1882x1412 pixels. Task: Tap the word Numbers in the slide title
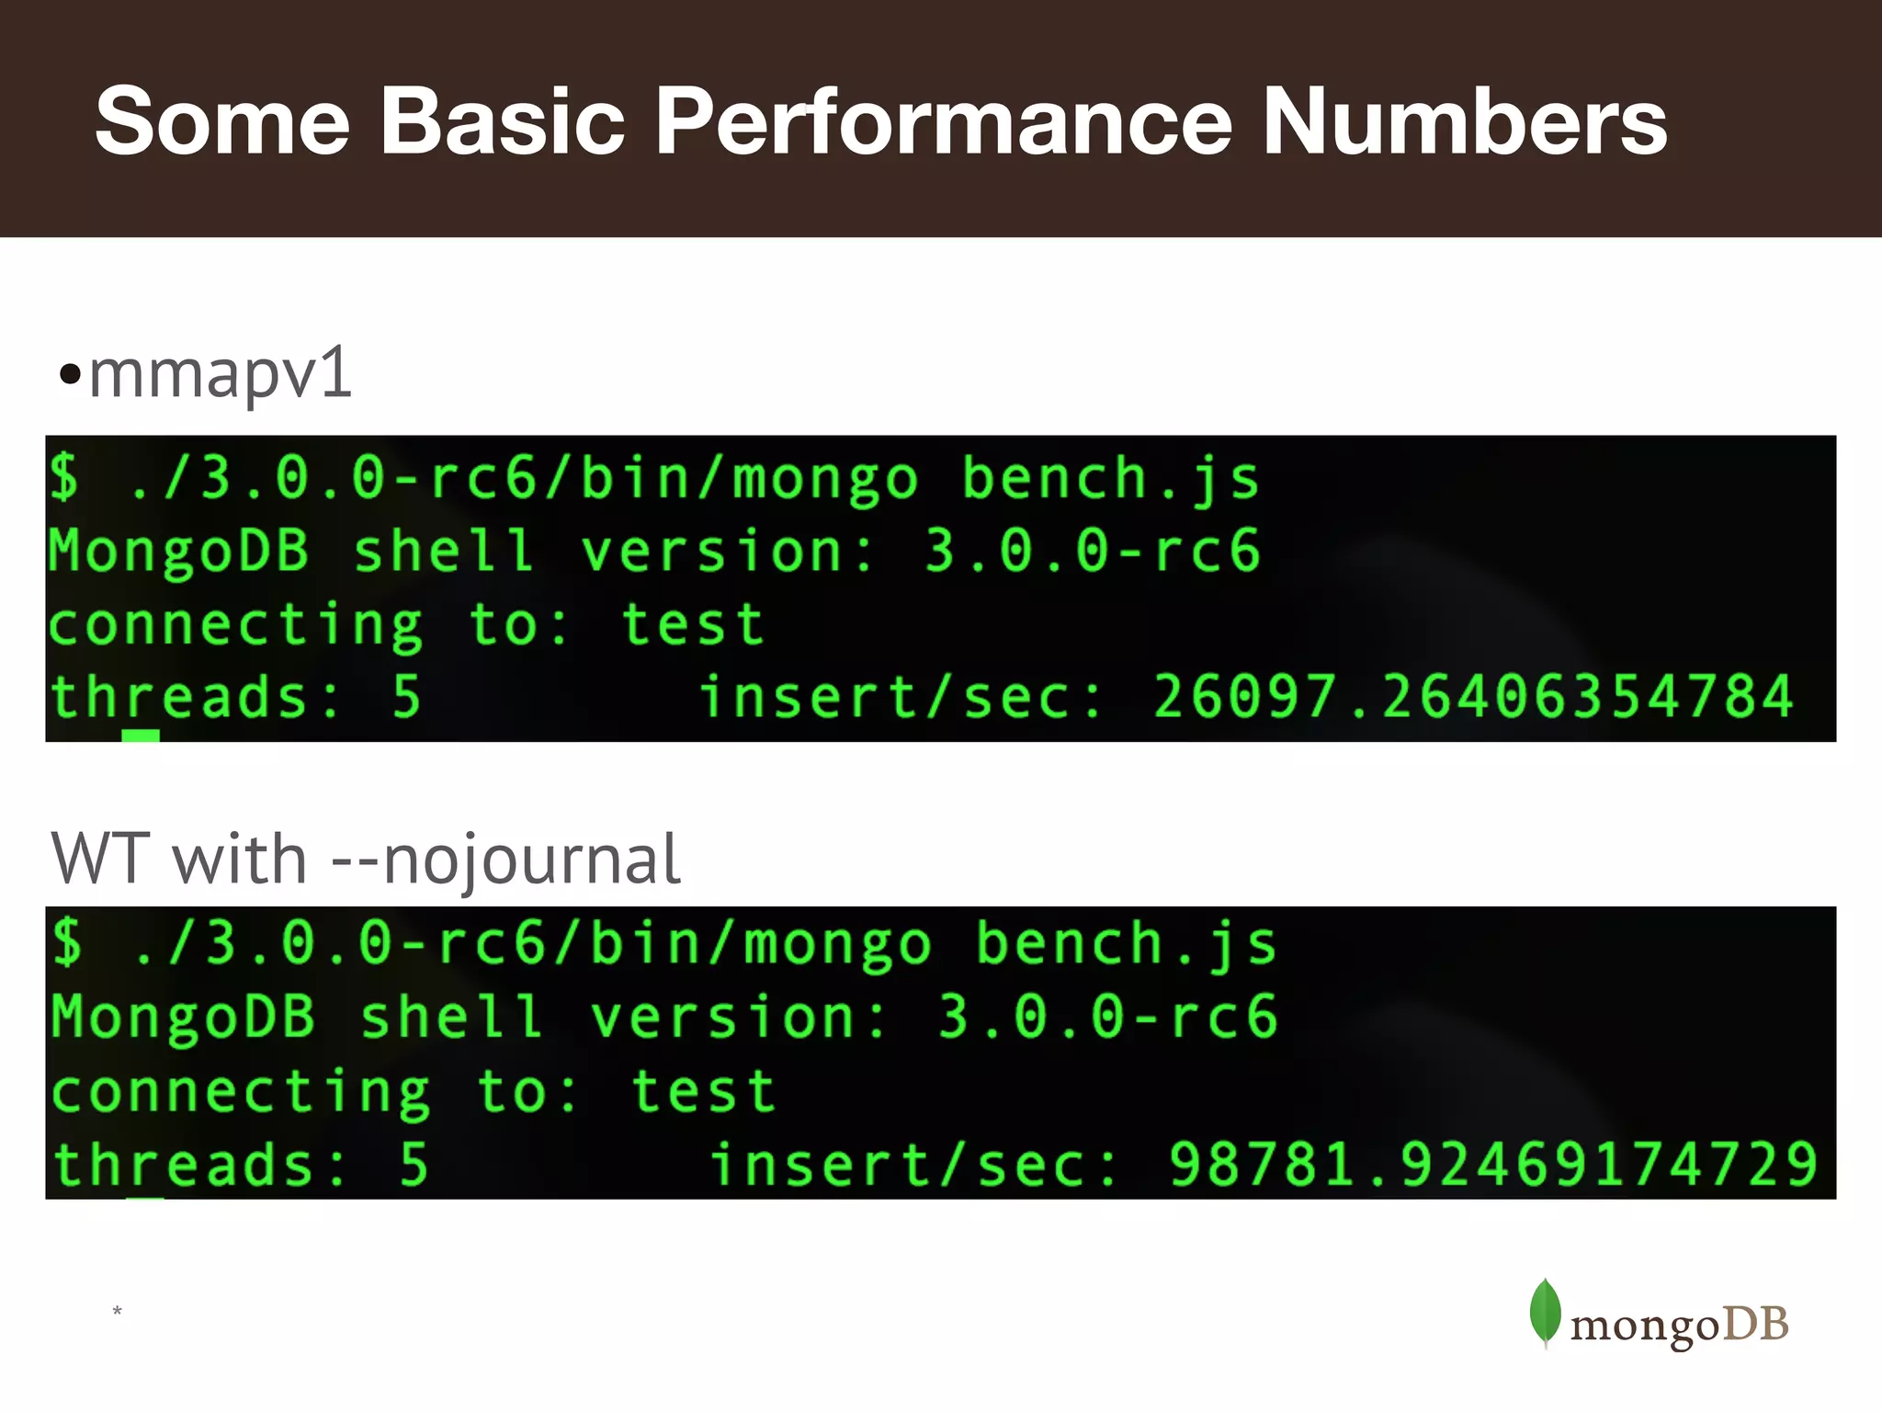click(x=1465, y=121)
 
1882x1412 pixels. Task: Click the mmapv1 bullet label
click(x=221, y=374)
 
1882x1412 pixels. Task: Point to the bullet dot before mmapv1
click(x=70, y=375)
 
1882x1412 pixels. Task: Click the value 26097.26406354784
click(x=1472, y=696)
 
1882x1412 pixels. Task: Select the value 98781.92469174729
click(x=1492, y=1164)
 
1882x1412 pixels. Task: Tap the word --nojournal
click(x=505, y=860)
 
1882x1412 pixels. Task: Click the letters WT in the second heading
click(x=101, y=860)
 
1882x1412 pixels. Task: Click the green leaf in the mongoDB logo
click(x=1545, y=1312)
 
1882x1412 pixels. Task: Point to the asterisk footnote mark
click(x=117, y=1310)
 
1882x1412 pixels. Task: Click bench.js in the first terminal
click(x=1110, y=479)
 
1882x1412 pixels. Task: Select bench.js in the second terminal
click(x=1125, y=945)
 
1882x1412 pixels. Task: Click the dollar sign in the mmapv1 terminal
click(x=64, y=477)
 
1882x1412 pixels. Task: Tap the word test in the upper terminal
click(x=693, y=625)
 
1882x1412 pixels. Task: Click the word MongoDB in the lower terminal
click(x=182, y=1019)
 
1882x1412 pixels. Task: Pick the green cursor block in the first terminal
click(x=141, y=735)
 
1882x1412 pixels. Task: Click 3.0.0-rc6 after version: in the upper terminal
click(x=1092, y=552)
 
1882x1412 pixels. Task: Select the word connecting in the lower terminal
click(x=241, y=1092)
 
